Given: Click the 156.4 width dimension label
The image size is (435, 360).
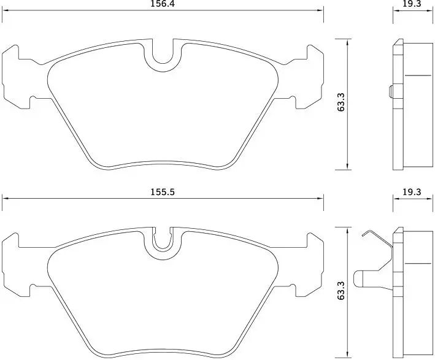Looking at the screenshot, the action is tap(163, 4).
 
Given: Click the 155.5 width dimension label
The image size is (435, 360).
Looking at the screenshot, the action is tap(163, 192).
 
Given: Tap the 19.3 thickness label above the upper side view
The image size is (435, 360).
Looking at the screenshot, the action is tap(412, 4).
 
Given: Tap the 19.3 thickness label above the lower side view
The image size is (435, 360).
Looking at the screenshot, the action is tap(412, 192).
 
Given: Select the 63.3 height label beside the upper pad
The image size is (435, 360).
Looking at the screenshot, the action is tap(341, 102).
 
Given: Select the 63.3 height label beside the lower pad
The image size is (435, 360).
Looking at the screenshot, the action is tap(341, 290).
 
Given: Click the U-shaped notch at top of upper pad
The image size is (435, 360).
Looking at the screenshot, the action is tap(163, 59).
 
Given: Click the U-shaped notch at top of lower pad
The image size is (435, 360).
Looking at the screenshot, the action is tap(163, 244).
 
